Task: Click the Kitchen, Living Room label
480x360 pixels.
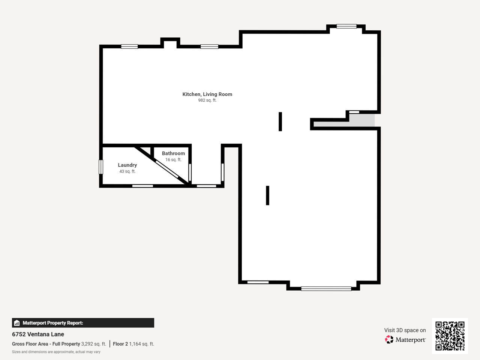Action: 207,94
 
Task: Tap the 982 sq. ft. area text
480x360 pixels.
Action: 207,100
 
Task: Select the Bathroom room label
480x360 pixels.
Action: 173,153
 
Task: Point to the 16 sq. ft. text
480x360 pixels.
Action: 173,160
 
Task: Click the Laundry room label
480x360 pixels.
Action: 127,165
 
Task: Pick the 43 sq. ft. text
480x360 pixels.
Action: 127,171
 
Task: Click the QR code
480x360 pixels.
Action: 450,336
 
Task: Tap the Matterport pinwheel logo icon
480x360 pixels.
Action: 389,339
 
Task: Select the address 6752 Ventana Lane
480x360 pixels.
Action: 38,334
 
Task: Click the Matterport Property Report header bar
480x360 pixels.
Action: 83,323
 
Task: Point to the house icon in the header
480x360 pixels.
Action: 17,323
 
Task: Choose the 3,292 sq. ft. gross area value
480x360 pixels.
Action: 94,344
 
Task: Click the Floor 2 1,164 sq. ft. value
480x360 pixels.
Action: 133,344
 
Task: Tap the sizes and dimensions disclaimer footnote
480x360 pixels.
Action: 56,352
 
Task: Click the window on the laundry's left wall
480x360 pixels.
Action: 101,167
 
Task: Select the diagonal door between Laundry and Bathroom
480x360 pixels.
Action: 167,169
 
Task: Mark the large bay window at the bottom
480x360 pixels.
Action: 326,289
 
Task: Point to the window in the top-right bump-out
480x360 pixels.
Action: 346,26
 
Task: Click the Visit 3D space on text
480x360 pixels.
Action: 405,330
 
